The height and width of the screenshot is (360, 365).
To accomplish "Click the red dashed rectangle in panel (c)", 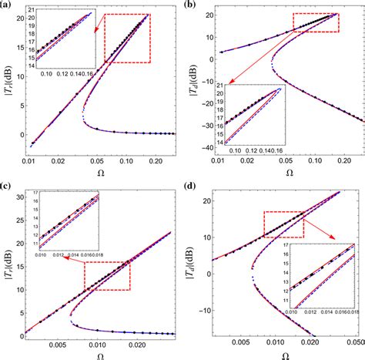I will tap(107, 275).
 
